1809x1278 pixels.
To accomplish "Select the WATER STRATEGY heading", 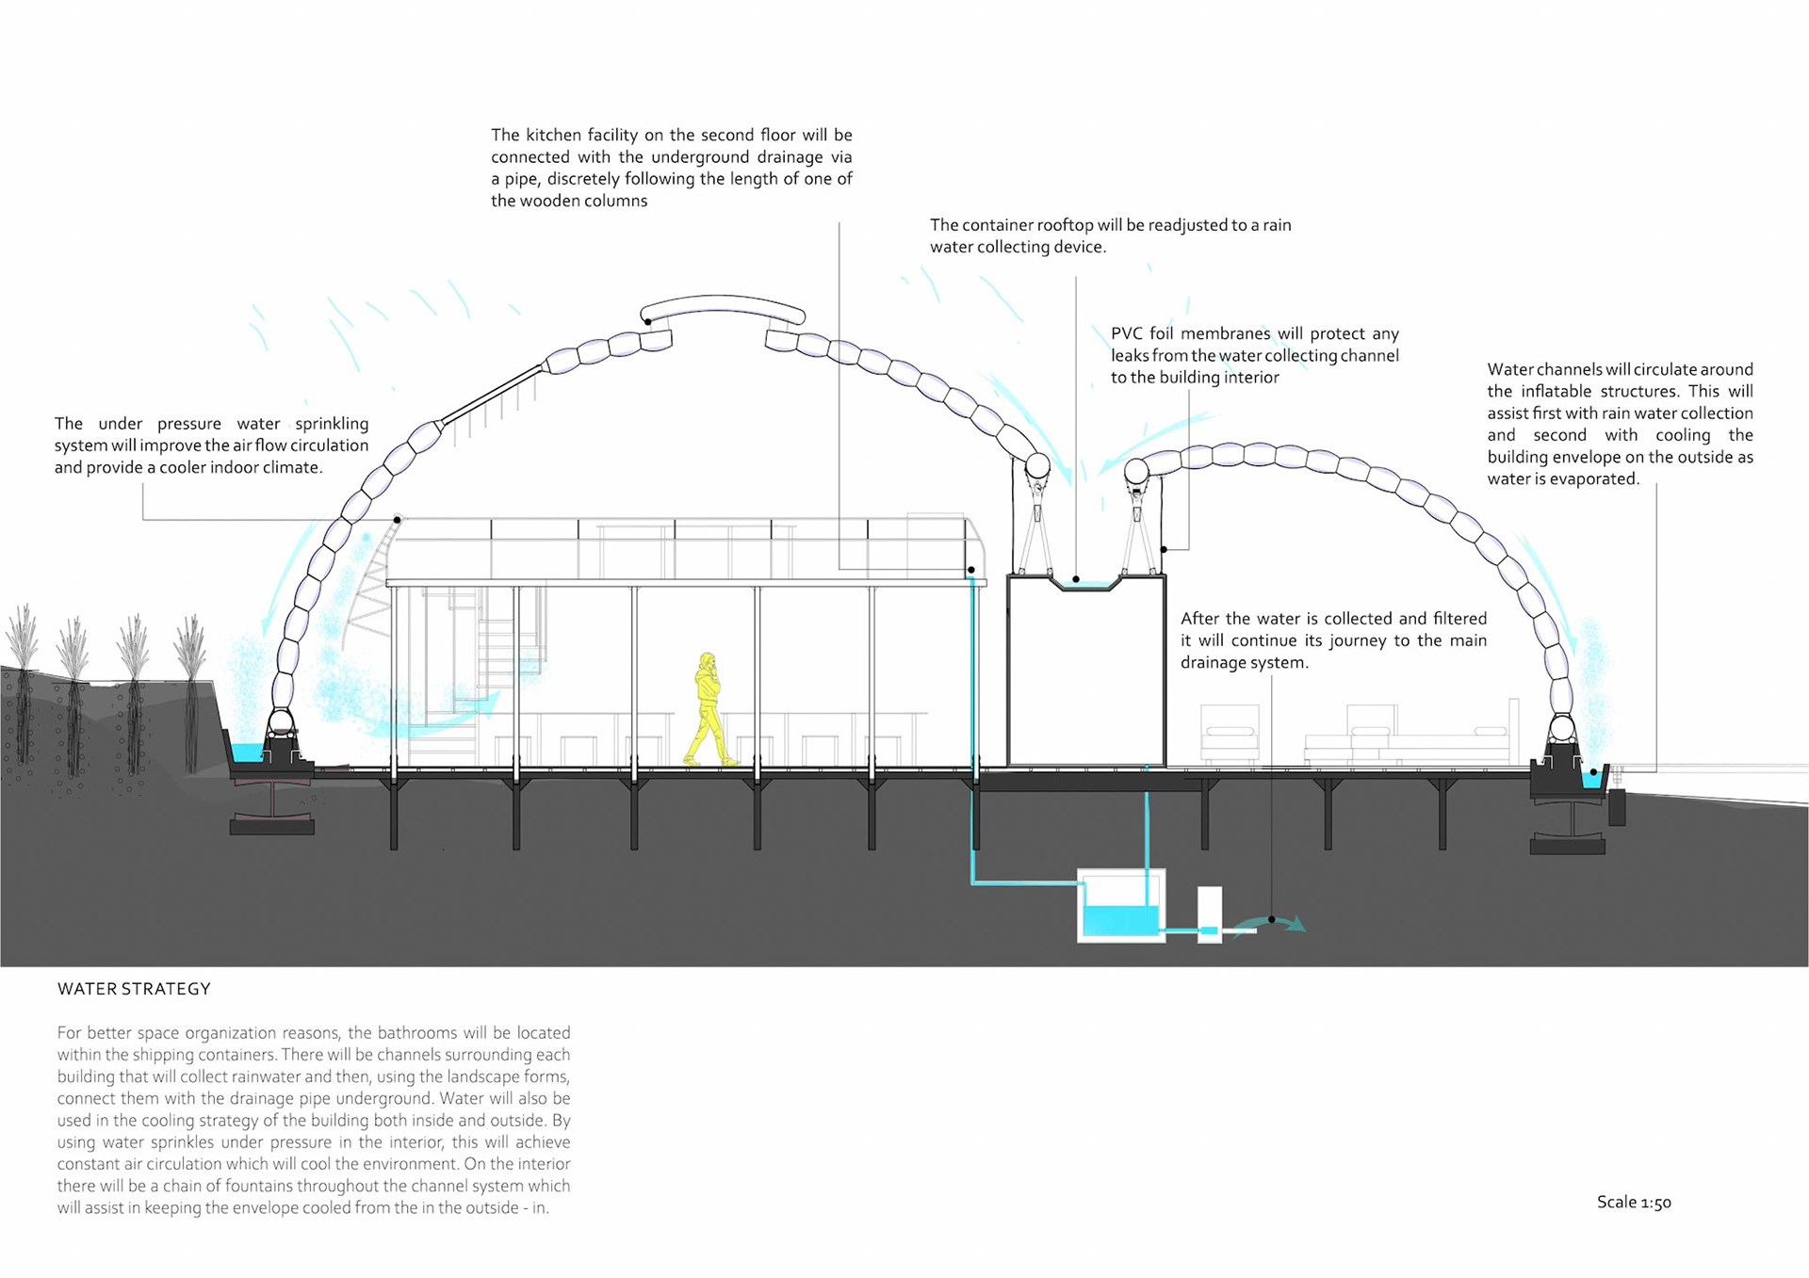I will click(x=134, y=989).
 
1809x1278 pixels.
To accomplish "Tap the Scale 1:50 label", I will click(x=1634, y=1202).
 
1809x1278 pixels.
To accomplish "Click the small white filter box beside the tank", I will click(x=1210, y=914).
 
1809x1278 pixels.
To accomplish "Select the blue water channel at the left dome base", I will click(x=247, y=752).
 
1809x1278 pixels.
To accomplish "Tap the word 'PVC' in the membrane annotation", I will click(x=1127, y=333).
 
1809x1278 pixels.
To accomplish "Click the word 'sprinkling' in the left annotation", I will click(x=332, y=424).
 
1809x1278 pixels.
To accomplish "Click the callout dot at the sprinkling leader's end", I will click(x=398, y=520).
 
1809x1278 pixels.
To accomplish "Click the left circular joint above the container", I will click(x=1037, y=465).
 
